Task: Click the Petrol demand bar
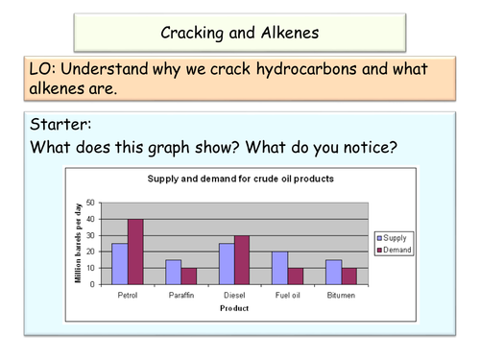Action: pos(134,252)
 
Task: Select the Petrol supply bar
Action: pos(119,263)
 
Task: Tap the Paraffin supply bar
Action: pos(173,272)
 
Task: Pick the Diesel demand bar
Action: pos(242,259)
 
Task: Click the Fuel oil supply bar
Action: pos(280,268)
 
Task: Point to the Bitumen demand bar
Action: pos(349,276)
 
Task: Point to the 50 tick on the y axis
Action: pos(91,203)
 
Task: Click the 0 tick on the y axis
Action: pos(94,284)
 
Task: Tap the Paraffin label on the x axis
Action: pos(180,296)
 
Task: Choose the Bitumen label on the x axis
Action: pos(342,296)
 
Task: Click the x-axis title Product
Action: pos(233,308)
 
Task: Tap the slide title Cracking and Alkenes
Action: pos(239,33)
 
